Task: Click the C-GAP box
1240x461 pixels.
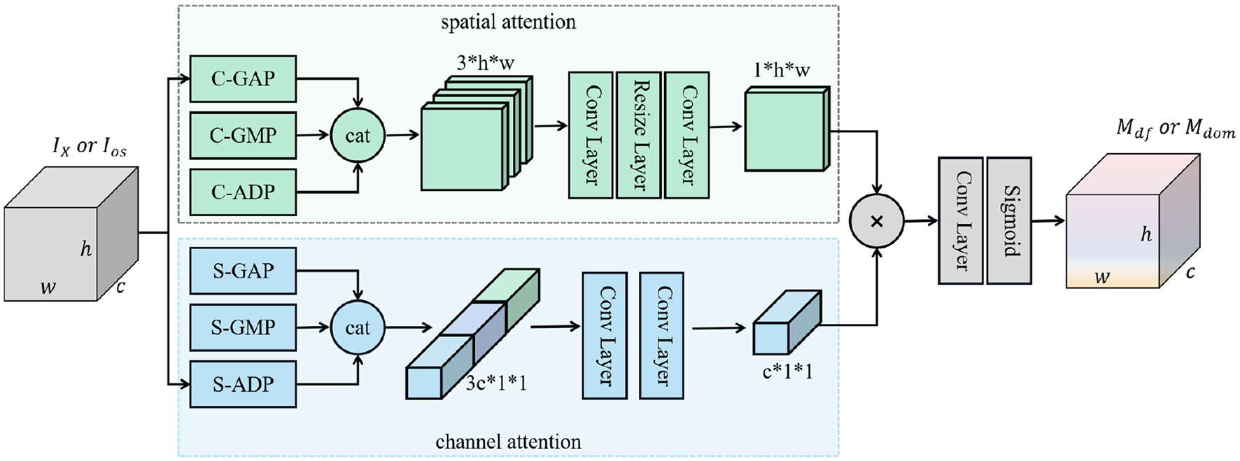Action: [x=243, y=78]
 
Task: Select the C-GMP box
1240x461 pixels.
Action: [x=243, y=135]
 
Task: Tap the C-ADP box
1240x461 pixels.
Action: [x=243, y=192]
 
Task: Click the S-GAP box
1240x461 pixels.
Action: [x=243, y=270]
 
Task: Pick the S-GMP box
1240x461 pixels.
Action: [x=243, y=327]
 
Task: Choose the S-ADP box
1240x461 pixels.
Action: [x=243, y=384]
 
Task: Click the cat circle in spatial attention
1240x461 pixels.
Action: [x=358, y=135]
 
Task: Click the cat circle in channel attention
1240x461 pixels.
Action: [x=358, y=327]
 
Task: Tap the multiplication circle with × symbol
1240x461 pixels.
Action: [x=876, y=221]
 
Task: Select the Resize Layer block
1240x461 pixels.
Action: [x=639, y=134]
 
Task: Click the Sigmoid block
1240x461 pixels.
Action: [x=1009, y=220]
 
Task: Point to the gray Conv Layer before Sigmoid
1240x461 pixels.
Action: [x=961, y=220]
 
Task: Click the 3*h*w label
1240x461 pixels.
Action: [x=486, y=63]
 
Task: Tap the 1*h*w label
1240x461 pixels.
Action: [x=782, y=70]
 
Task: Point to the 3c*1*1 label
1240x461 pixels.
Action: [x=497, y=383]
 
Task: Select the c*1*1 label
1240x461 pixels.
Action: [x=787, y=372]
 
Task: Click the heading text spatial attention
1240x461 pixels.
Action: [x=508, y=22]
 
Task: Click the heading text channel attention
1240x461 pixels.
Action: [x=508, y=441]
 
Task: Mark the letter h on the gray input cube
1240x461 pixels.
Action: [x=85, y=248]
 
